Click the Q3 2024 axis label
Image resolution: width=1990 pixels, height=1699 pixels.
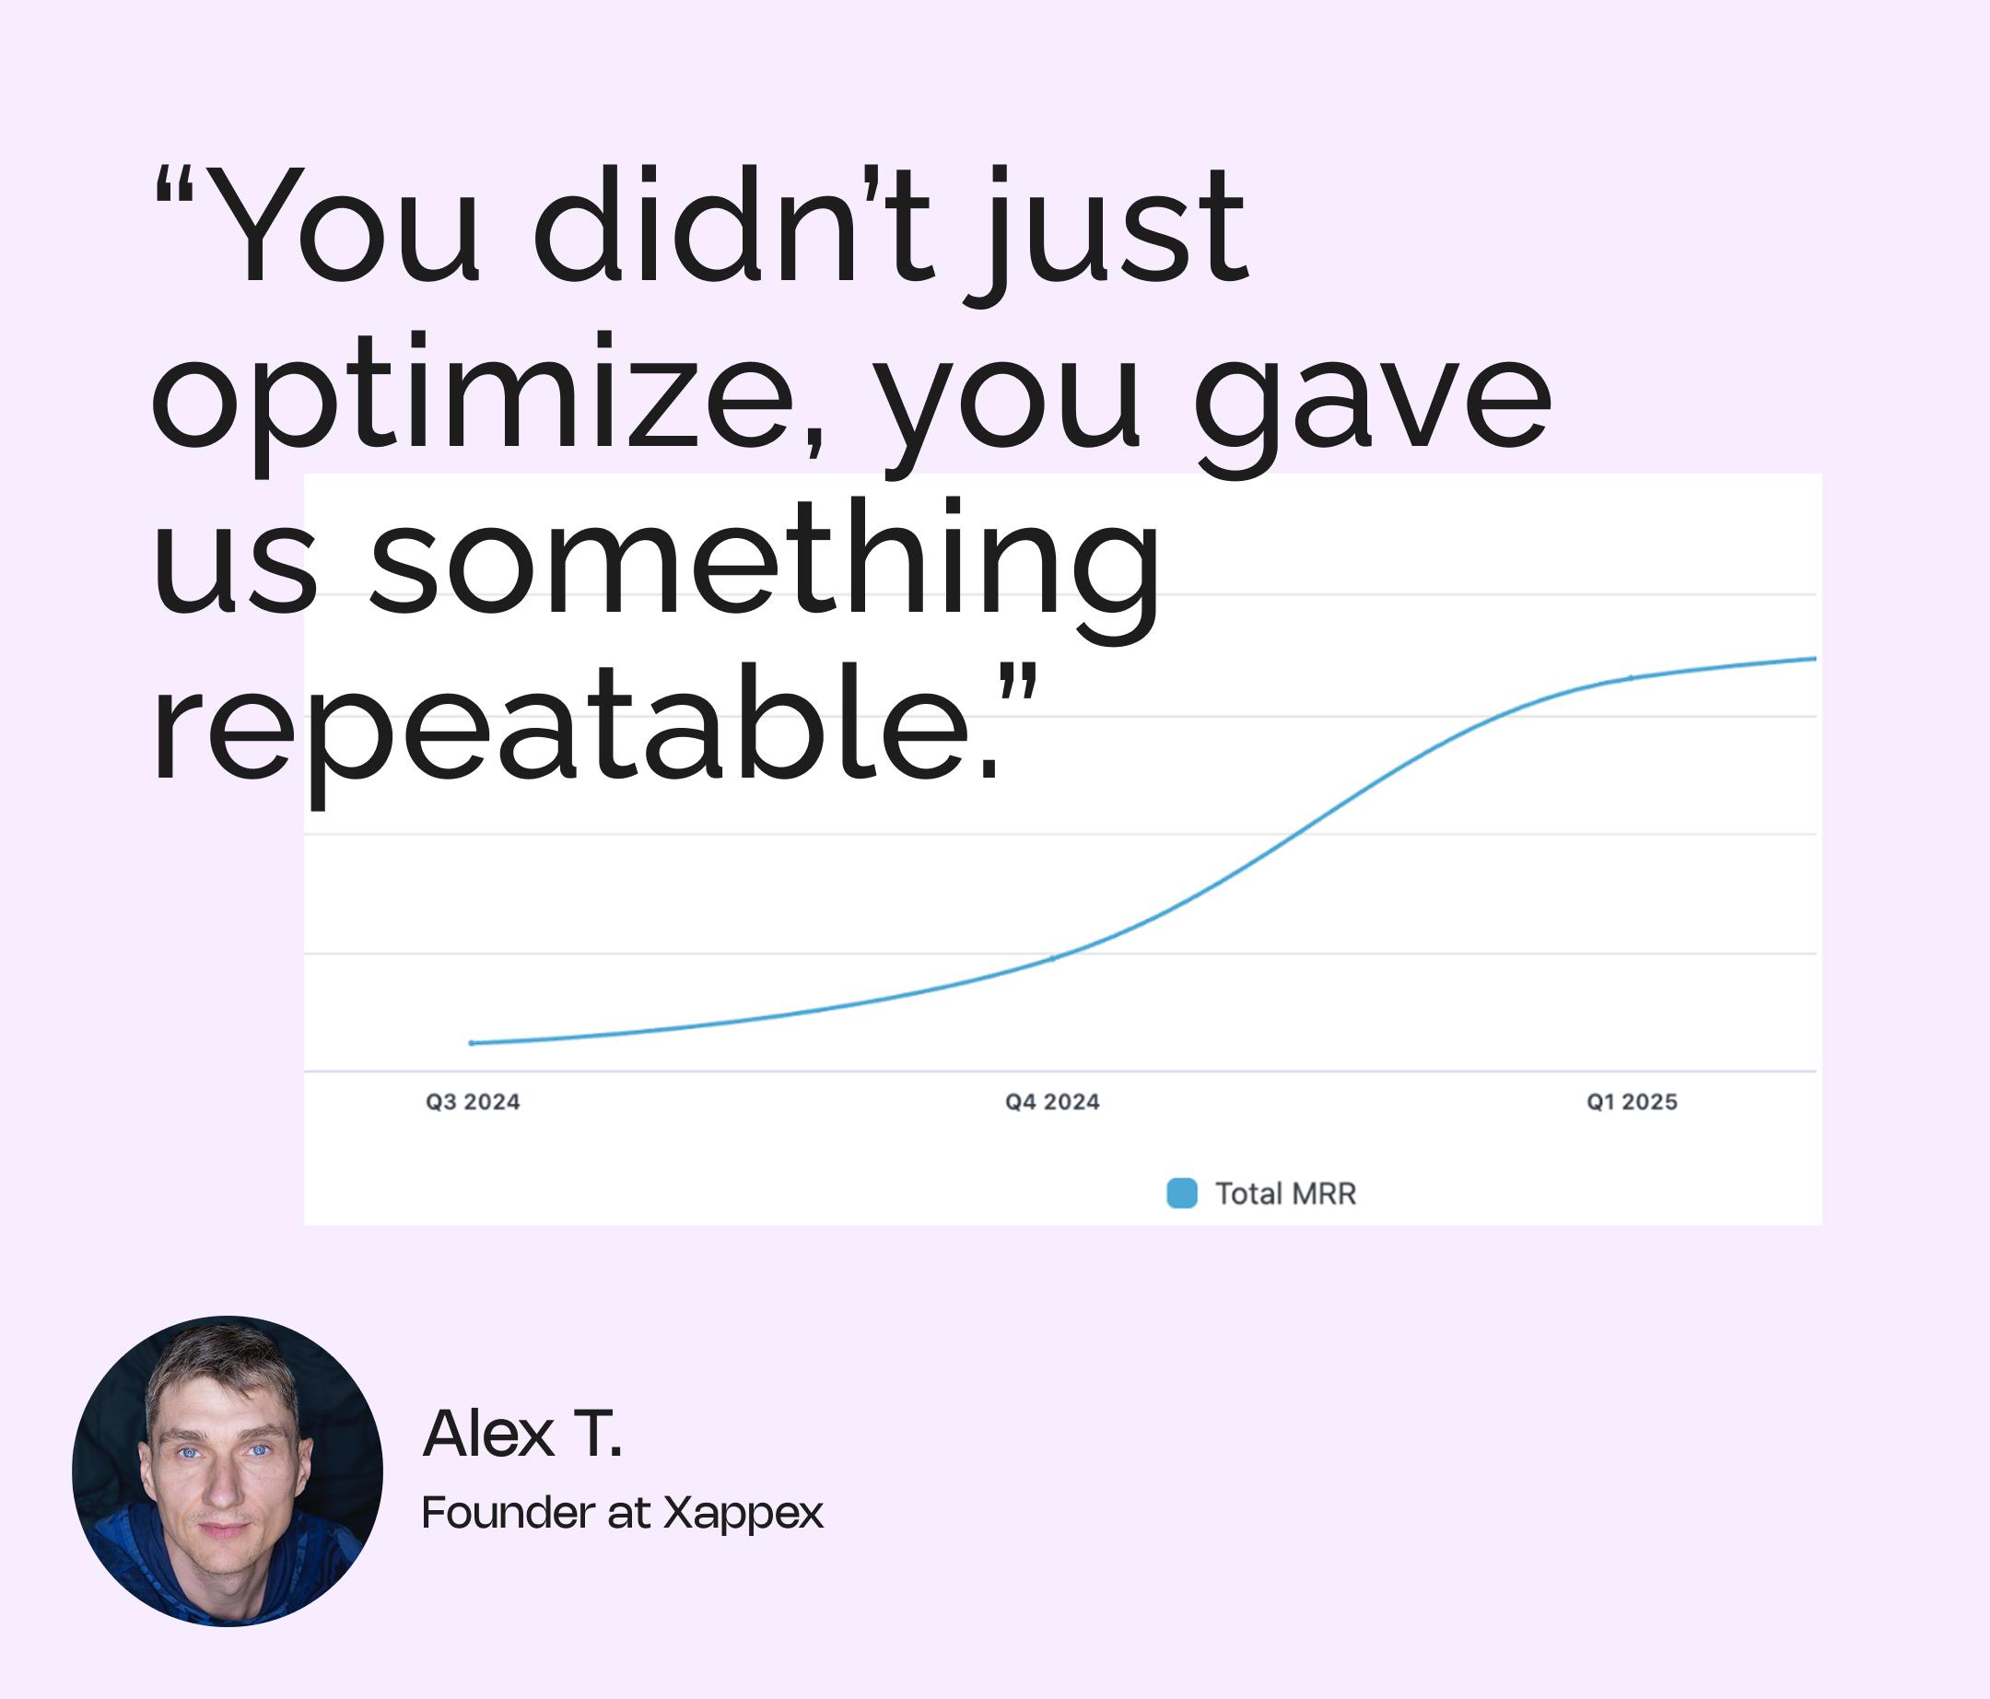(x=473, y=1102)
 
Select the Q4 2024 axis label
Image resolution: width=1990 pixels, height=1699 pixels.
(x=1053, y=1102)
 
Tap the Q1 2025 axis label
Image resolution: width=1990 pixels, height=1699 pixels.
(x=1632, y=1102)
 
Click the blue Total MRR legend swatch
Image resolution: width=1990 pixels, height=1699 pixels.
(x=1181, y=1193)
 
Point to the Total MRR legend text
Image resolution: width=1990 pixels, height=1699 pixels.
(x=1286, y=1194)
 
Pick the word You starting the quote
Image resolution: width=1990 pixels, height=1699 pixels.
(x=342, y=227)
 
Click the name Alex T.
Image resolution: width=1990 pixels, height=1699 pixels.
(x=522, y=1434)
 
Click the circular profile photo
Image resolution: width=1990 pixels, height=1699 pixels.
(x=228, y=1471)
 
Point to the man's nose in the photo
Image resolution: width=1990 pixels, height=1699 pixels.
(x=223, y=1484)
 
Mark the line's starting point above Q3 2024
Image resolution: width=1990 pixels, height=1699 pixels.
(x=472, y=1043)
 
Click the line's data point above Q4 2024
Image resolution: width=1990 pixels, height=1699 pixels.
(x=1053, y=957)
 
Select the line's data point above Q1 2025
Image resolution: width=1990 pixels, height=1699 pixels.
(x=1631, y=678)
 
